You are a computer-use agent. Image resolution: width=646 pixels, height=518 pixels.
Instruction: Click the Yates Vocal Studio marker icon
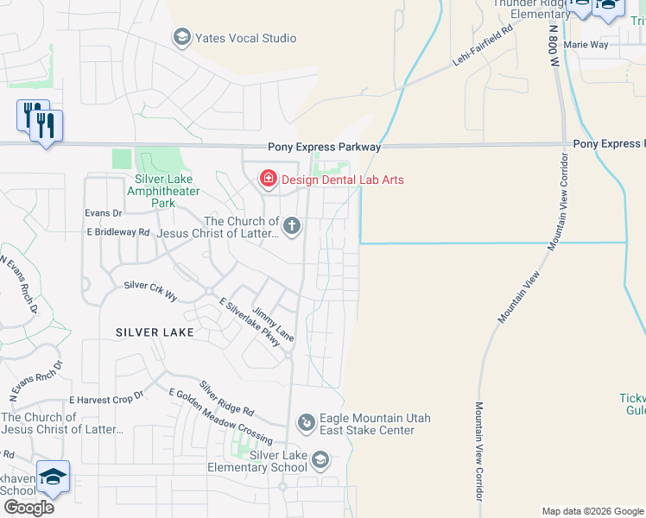(x=181, y=37)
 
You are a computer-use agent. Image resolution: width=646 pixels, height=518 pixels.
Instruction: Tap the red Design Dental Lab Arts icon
(x=269, y=179)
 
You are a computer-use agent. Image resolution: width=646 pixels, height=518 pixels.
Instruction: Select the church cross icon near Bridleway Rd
(x=292, y=227)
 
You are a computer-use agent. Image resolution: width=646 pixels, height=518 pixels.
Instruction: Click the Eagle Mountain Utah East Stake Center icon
(x=306, y=423)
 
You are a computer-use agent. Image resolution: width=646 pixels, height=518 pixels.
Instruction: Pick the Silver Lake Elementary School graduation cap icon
(x=320, y=460)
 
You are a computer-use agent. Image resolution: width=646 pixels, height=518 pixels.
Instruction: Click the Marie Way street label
(x=586, y=44)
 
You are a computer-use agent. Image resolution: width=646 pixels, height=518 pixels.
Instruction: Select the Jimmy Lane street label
(x=273, y=324)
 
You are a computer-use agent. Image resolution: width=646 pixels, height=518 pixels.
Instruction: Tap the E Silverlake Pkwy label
(x=250, y=323)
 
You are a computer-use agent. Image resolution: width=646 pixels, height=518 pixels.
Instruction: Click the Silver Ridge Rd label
(x=226, y=398)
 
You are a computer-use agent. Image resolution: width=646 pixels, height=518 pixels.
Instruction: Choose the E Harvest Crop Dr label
(x=105, y=400)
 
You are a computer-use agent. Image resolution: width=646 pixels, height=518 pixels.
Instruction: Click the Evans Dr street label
(x=104, y=212)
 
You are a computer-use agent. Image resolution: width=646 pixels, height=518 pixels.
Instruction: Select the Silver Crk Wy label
(x=150, y=290)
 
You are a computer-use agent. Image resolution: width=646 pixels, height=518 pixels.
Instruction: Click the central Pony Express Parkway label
(x=324, y=148)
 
